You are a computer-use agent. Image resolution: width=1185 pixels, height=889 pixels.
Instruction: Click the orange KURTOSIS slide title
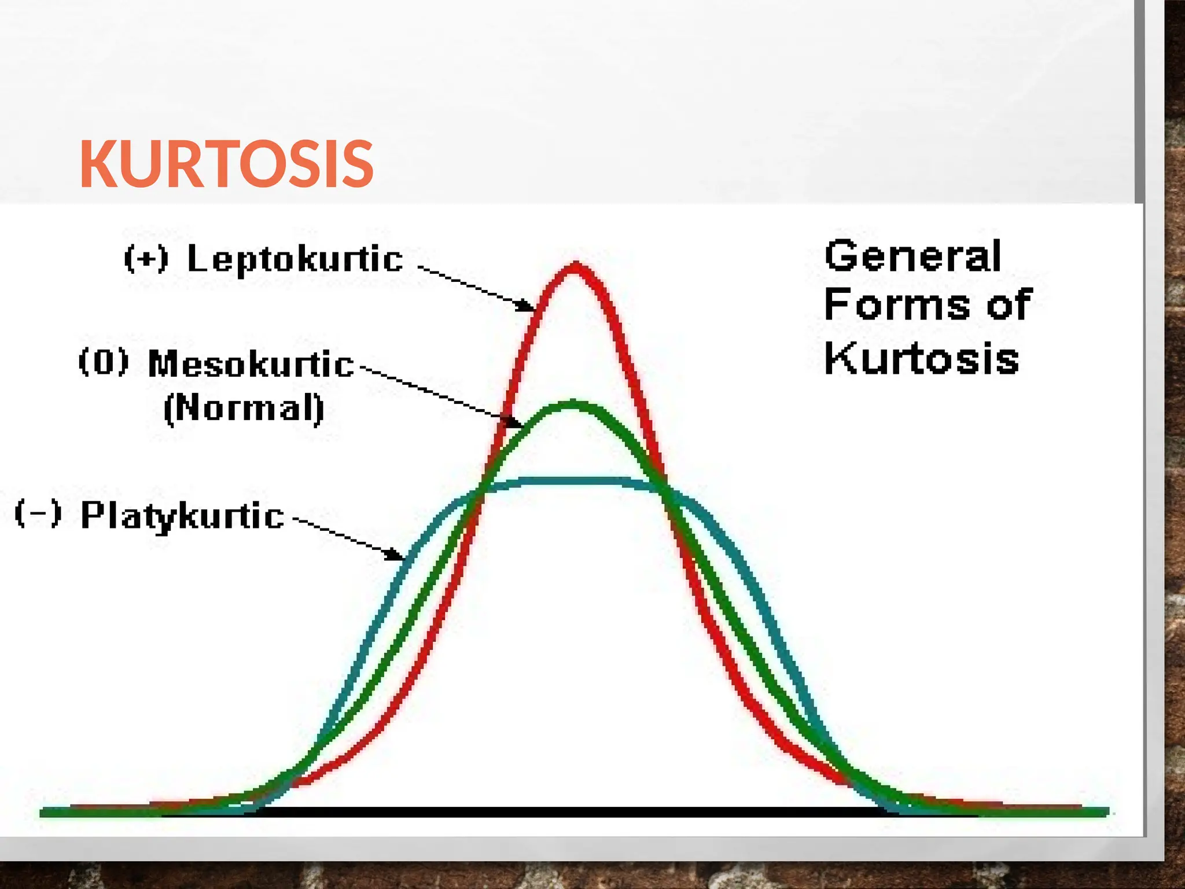pos(226,165)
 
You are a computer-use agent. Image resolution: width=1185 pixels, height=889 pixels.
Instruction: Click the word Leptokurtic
pos(295,259)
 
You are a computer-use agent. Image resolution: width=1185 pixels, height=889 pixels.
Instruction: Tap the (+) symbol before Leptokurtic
pos(146,259)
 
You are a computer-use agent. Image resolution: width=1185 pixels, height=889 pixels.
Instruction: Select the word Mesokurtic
pos(251,364)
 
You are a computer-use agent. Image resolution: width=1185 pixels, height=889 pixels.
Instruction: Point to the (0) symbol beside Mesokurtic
pos(103,362)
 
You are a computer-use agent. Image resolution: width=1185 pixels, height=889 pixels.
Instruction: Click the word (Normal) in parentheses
pos(244,408)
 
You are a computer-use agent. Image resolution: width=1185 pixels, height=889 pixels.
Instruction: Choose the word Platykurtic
pos(182,515)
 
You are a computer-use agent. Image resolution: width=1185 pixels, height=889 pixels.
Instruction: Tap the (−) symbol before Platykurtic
pos(38,513)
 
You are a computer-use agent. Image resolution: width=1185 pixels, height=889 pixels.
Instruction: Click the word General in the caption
pos(912,256)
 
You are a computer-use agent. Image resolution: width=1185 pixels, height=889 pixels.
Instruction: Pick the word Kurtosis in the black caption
pos(921,358)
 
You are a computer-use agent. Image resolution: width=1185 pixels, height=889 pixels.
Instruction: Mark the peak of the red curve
pos(575,267)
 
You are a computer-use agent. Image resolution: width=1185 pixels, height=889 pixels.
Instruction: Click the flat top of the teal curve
pos(573,480)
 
